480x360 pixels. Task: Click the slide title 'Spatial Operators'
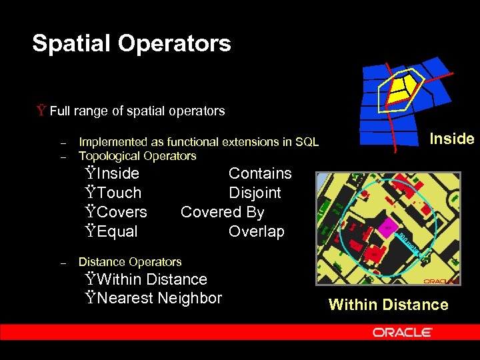tap(131, 44)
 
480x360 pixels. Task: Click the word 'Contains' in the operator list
tap(260, 173)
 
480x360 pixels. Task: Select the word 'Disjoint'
tap(255, 193)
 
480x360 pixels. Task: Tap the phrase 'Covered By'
tap(222, 212)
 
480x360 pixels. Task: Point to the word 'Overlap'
tap(256, 231)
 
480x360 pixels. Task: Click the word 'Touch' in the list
tap(119, 193)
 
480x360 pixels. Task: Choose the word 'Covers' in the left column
tap(121, 212)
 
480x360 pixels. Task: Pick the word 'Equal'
tap(117, 231)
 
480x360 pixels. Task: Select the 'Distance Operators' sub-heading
tap(130, 261)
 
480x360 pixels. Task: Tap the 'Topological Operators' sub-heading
tap(137, 156)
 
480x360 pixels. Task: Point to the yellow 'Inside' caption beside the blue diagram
tap(451, 139)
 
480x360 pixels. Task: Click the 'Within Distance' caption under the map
tap(388, 305)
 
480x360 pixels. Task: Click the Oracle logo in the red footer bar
tap(403, 332)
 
